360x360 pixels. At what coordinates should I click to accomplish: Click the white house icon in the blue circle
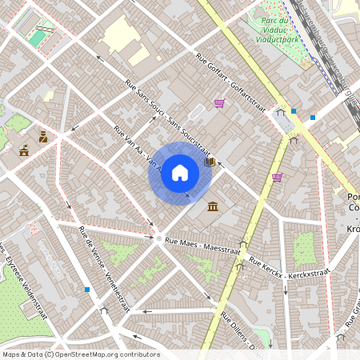click(180, 172)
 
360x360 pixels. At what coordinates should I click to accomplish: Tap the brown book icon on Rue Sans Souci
click(210, 162)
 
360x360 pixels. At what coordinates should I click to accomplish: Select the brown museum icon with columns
click(212, 207)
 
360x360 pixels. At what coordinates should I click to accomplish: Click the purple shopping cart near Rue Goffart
click(219, 103)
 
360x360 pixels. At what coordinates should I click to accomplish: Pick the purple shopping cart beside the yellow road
click(277, 178)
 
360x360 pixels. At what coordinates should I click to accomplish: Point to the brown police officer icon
click(43, 137)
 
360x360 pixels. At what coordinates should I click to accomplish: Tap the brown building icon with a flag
click(24, 150)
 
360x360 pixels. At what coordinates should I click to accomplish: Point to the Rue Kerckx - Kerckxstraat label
click(289, 268)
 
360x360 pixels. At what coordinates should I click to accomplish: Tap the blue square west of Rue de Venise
click(86, 290)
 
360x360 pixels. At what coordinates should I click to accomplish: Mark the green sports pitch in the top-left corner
click(38, 38)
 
